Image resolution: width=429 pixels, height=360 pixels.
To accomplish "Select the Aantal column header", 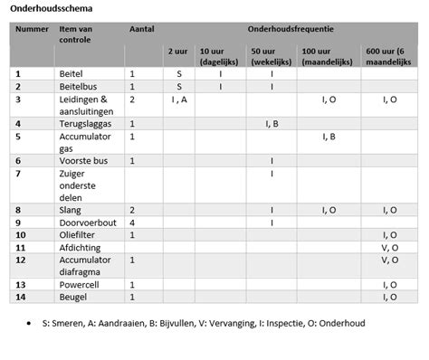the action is point(142,30).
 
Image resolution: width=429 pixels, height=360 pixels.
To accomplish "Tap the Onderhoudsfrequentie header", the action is point(286,30).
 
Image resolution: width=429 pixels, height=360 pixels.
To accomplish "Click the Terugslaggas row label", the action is point(87,122).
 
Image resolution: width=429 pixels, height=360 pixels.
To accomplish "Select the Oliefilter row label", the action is point(80,234).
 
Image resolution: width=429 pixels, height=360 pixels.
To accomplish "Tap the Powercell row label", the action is point(80,284).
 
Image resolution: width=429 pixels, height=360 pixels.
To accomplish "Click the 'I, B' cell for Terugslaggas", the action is point(272,122).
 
